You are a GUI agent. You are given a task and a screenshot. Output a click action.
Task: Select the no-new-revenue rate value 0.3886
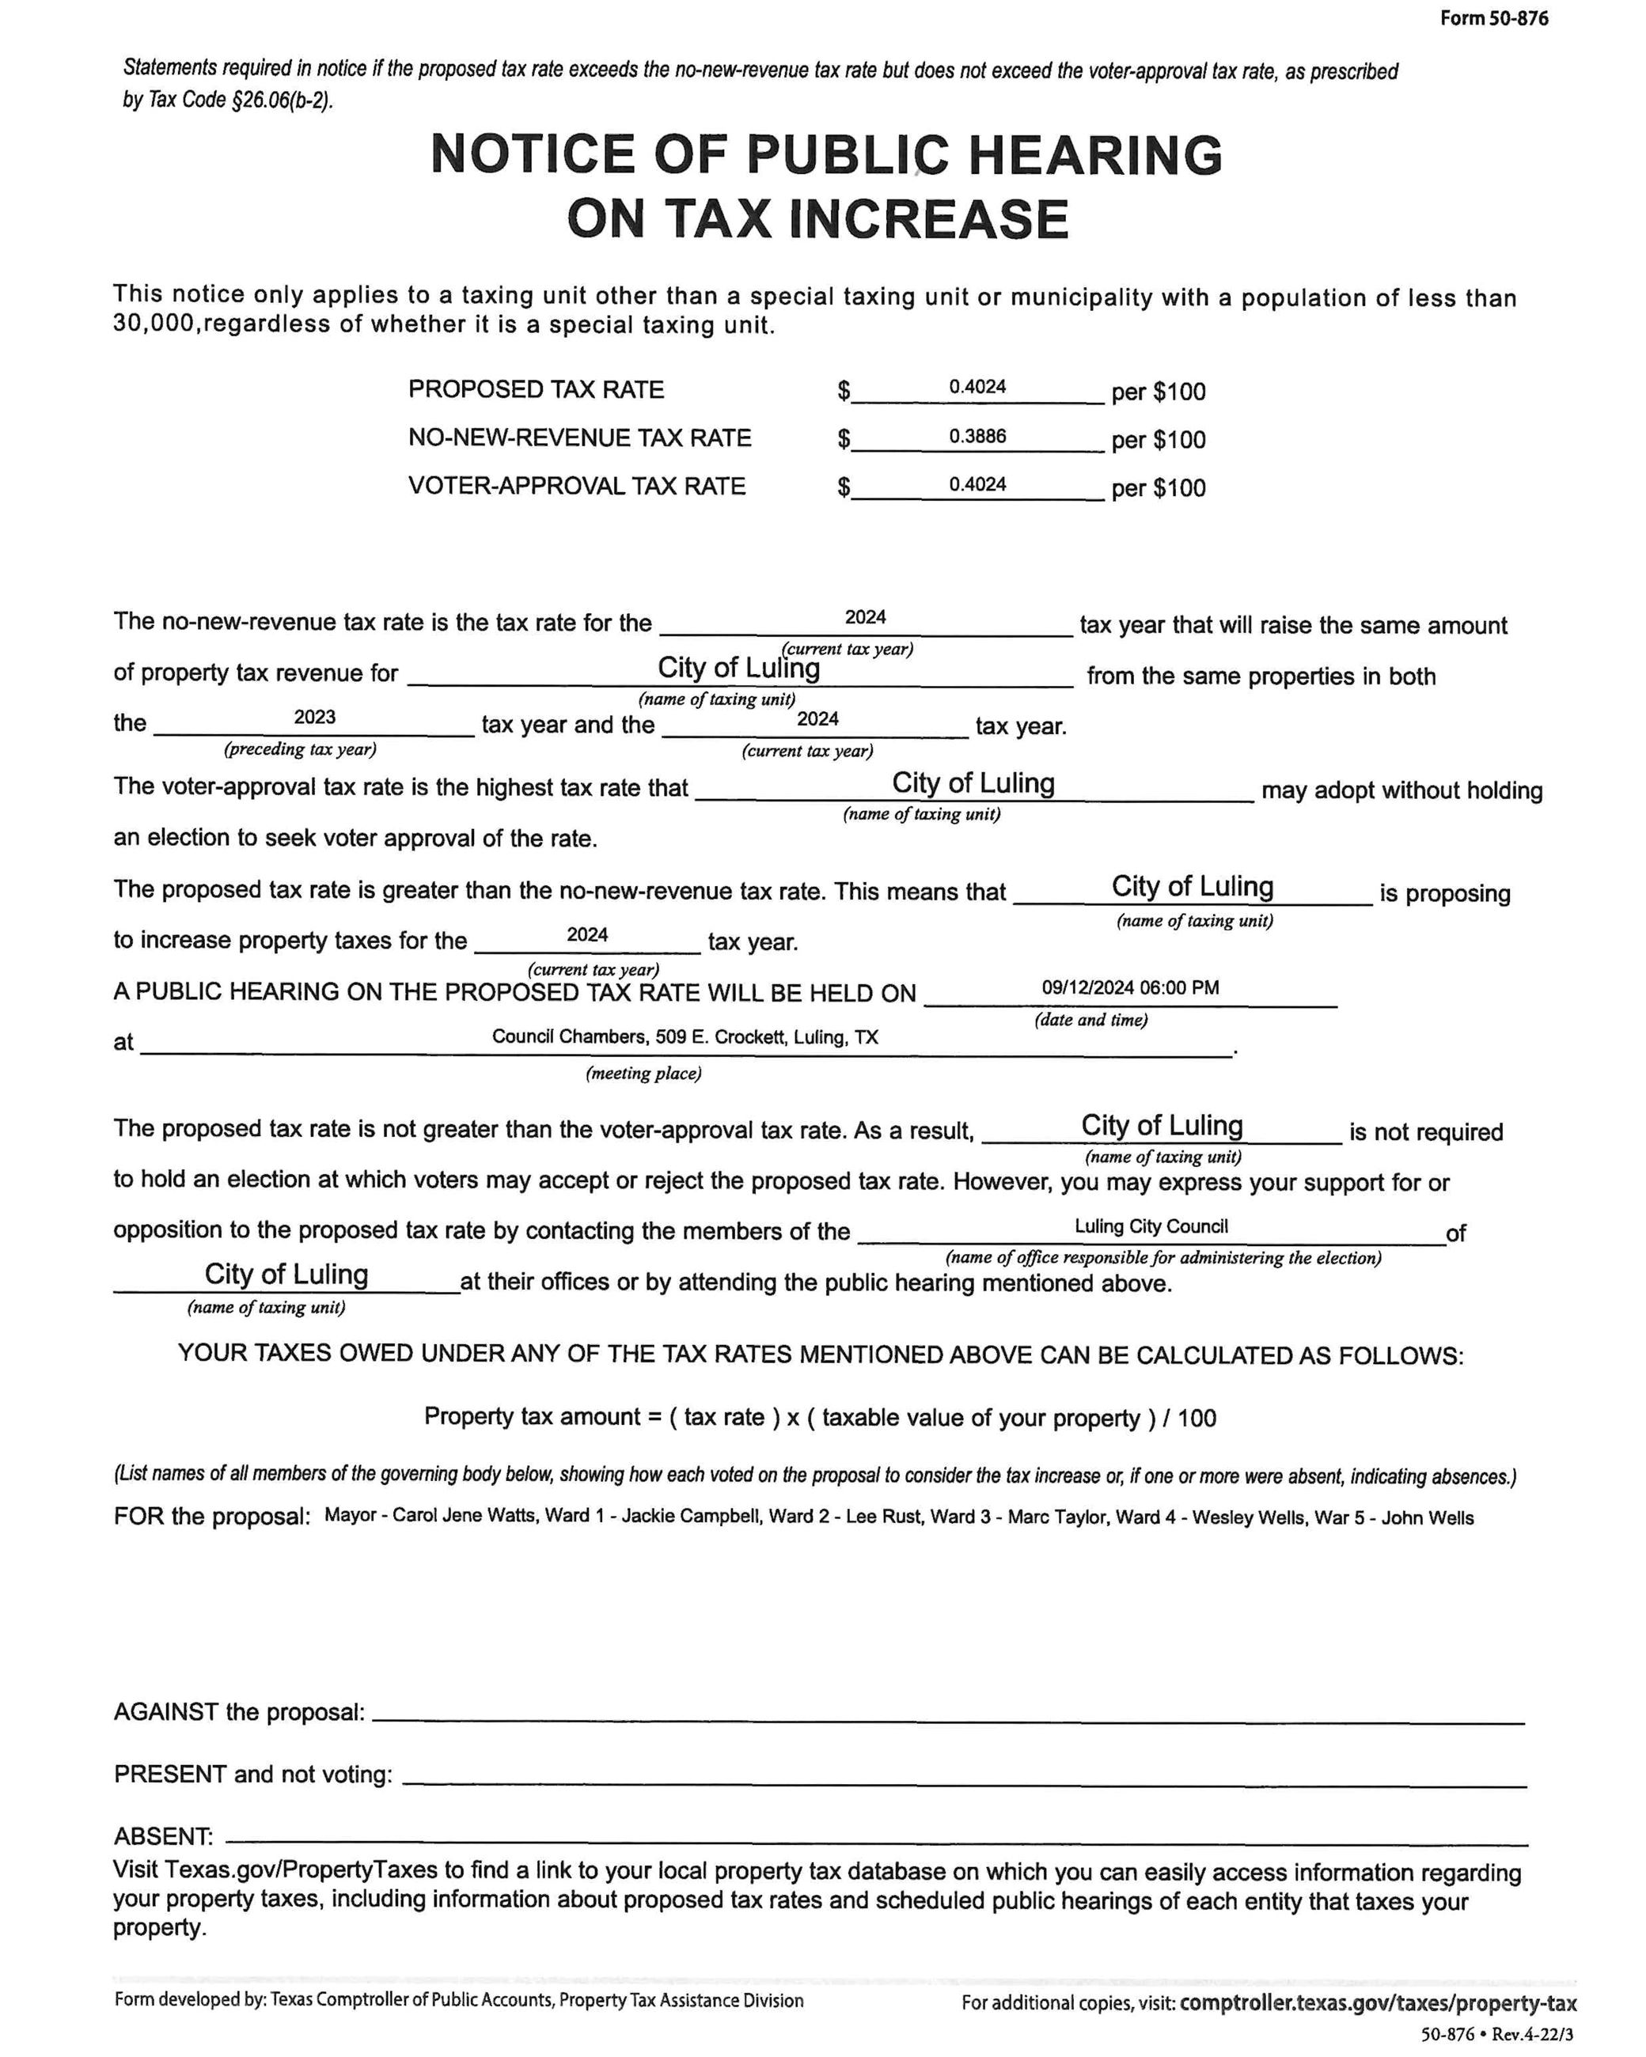[x=977, y=436]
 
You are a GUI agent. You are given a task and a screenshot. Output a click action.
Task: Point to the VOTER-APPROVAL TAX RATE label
[x=576, y=486]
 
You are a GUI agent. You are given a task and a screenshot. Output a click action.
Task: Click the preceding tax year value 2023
[x=314, y=717]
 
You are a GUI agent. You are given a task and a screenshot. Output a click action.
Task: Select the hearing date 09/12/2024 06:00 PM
[x=1130, y=987]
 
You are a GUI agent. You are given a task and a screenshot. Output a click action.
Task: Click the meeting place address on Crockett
[x=685, y=1037]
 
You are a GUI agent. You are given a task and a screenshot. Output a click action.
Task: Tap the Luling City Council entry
[x=1151, y=1226]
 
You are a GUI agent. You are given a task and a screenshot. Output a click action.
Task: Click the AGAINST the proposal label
[x=238, y=1711]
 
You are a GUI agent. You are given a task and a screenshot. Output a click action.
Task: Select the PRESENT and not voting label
[x=253, y=1774]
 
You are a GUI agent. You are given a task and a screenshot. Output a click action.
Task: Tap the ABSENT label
[x=162, y=1835]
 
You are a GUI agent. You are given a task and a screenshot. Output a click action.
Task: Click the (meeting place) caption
[x=643, y=1074]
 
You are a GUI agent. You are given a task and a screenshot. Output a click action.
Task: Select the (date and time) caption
[x=1090, y=1019]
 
